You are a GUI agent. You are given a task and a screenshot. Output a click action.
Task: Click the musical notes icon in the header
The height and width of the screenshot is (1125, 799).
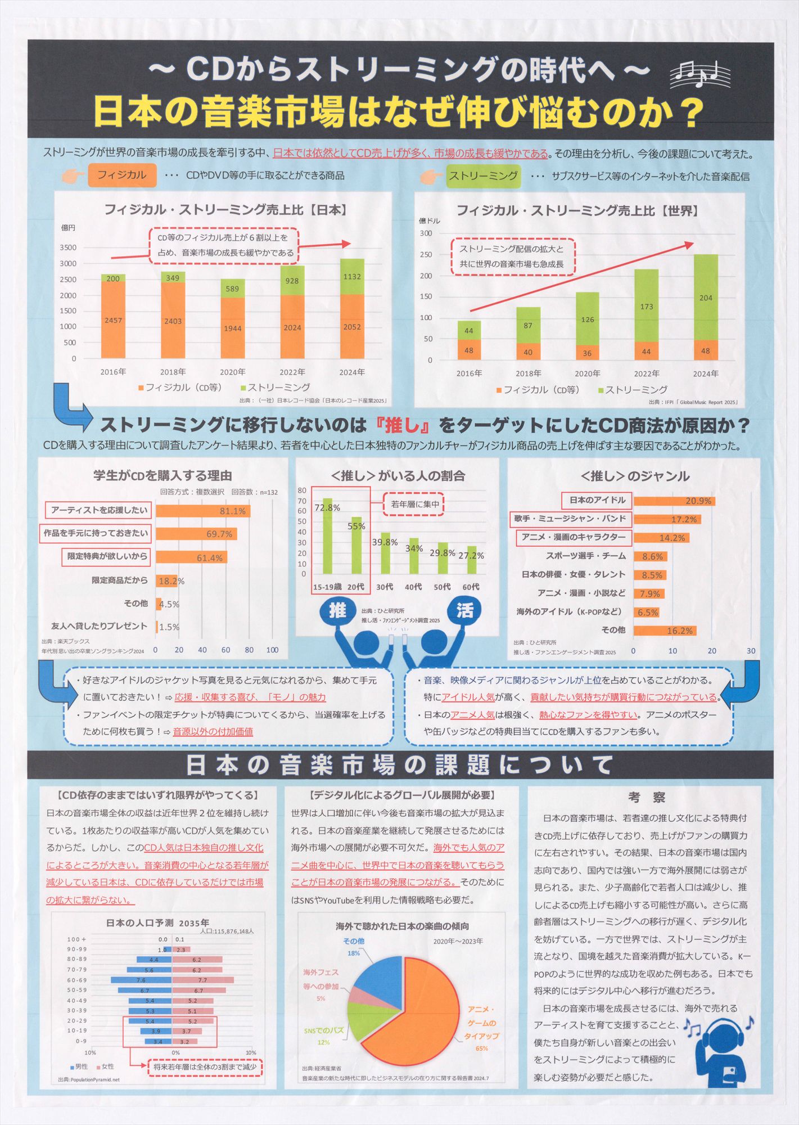[701, 74]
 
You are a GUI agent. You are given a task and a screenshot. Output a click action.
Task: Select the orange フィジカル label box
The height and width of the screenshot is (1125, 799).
[121, 175]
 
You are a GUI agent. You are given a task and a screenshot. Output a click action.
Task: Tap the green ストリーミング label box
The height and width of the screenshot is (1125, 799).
[483, 175]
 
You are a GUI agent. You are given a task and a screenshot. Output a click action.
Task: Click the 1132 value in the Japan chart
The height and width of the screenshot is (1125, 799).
[352, 276]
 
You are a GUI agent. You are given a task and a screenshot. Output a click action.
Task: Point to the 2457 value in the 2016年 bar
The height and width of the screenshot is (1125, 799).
[113, 320]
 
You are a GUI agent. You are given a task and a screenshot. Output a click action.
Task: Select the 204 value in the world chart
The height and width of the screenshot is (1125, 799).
[706, 298]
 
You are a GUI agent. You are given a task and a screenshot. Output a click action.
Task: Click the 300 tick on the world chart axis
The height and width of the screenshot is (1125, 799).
[426, 233]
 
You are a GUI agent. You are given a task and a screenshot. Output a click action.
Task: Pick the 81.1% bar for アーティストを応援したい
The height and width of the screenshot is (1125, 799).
[202, 511]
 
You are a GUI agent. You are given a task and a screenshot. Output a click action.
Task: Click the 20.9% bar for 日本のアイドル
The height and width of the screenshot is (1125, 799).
[674, 501]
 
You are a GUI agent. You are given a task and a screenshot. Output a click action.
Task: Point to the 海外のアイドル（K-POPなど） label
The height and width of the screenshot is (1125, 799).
[569, 611]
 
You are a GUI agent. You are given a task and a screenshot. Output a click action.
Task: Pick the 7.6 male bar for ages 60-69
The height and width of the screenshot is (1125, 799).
[141, 980]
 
